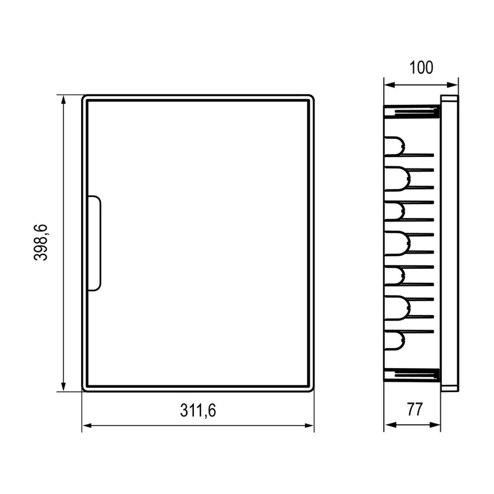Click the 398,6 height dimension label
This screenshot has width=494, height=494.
click(41, 242)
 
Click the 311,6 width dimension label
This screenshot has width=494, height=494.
click(198, 411)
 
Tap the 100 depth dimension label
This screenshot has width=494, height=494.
click(421, 68)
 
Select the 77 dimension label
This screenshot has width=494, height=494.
click(414, 410)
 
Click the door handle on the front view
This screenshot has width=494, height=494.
click(94, 243)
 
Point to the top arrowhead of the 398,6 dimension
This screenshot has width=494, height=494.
click(63, 100)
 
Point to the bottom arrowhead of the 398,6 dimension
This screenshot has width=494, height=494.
click(63, 387)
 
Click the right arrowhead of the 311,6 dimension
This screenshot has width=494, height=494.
click(309, 426)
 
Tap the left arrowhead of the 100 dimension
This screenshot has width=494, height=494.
click(389, 85)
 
